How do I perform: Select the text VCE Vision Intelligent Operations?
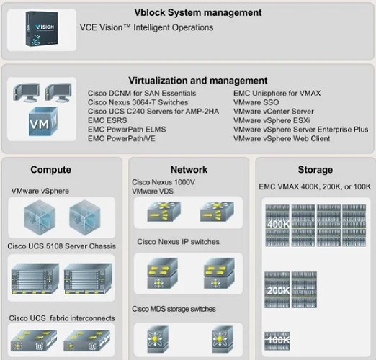pyautogui.click(x=146, y=27)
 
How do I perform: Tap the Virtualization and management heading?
pyautogui.click(x=188, y=80)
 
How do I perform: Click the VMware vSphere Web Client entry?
pyautogui.click(x=282, y=138)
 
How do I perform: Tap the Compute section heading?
pyautogui.click(x=50, y=170)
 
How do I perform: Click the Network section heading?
pyautogui.click(x=189, y=170)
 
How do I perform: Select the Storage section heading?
pyautogui.click(x=315, y=170)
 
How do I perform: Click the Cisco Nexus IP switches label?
pyautogui.click(x=176, y=241)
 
